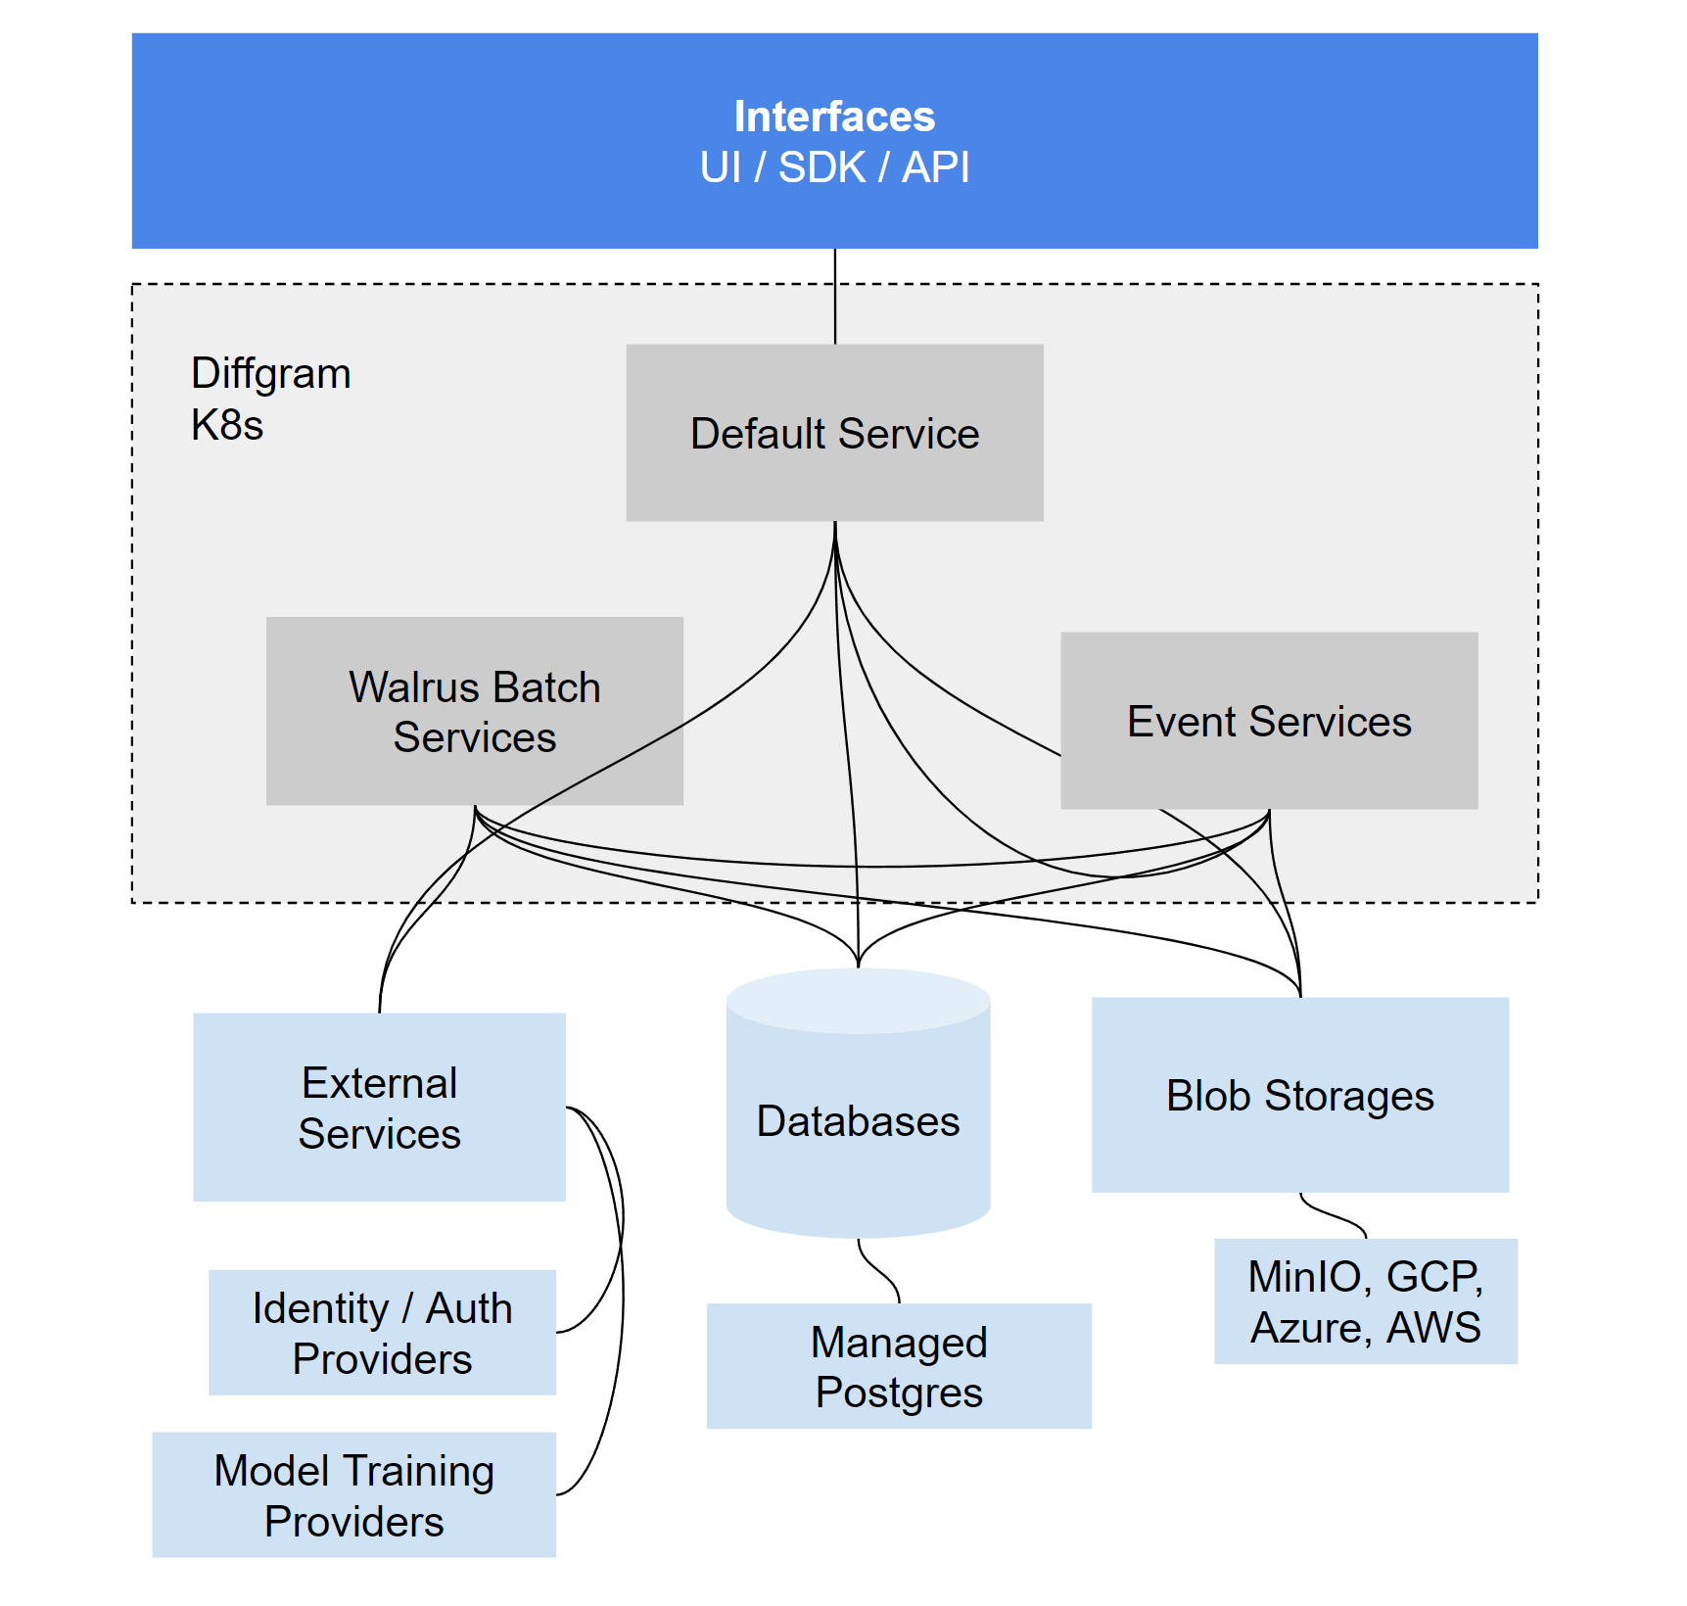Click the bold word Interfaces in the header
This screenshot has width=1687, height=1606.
(x=834, y=117)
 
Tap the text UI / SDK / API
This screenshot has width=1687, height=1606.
(x=834, y=167)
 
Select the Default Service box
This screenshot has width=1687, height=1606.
(x=834, y=433)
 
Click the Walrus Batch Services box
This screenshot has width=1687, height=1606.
(x=474, y=712)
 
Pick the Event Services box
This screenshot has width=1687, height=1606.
(x=1269, y=722)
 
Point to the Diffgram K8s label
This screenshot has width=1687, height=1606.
(x=270, y=399)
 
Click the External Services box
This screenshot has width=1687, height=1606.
(x=379, y=1108)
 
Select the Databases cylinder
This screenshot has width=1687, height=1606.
(x=858, y=1121)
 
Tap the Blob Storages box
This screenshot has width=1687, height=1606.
(x=1299, y=1096)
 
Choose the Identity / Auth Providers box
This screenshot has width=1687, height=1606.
(x=382, y=1333)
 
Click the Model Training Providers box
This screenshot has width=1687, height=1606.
(x=353, y=1495)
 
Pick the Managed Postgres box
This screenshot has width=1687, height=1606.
(x=898, y=1367)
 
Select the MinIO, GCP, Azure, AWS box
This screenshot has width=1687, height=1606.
(x=1365, y=1301)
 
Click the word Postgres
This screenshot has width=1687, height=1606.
(x=898, y=1393)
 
